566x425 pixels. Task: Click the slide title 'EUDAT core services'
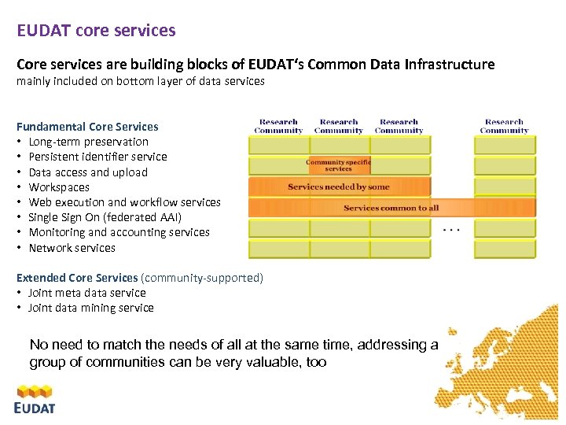pyautogui.click(x=97, y=31)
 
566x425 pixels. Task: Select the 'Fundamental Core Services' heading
pyautogui.click(x=87, y=127)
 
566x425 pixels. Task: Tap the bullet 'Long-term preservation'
pyautogui.click(x=88, y=142)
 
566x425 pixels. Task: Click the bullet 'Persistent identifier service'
pyautogui.click(x=97, y=157)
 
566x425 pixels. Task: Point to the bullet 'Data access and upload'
pyautogui.click(x=88, y=172)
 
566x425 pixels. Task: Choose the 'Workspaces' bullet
pyautogui.click(x=59, y=187)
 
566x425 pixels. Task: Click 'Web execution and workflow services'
pyautogui.click(x=124, y=202)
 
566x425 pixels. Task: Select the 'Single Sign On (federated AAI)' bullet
pyautogui.click(x=105, y=217)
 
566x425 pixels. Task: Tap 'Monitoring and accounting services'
pyautogui.click(x=119, y=232)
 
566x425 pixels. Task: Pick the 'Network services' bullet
pyautogui.click(x=72, y=248)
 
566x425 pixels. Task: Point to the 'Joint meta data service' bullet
pyautogui.click(x=87, y=293)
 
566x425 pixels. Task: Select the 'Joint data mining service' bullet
pyautogui.click(x=91, y=308)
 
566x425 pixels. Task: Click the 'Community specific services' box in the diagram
pyautogui.click(x=338, y=165)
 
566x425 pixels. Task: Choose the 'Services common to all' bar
pyautogui.click(x=391, y=208)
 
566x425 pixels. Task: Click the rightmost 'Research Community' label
pyautogui.click(x=504, y=126)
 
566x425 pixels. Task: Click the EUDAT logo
pyautogui.click(x=35, y=398)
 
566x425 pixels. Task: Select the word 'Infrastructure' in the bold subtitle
pyautogui.click(x=450, y=65)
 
